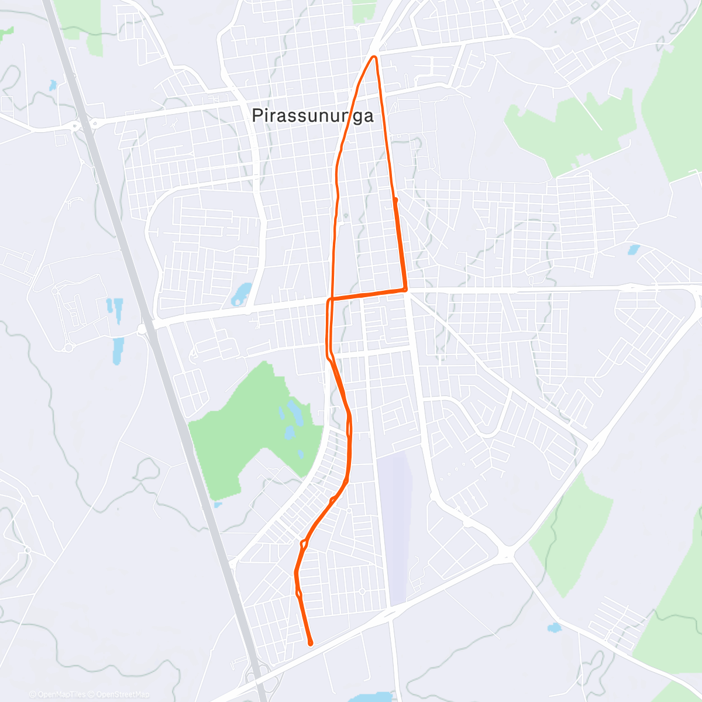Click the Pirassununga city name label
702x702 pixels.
(x=312, y=116)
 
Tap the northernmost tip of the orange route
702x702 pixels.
(x=374, y=57)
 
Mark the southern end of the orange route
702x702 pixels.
(x=311, y=643)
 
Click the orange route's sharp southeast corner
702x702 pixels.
(x=405, y=290)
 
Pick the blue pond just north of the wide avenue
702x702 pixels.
(x=241, y=294)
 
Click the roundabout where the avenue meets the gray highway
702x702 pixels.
(x=142, y=329)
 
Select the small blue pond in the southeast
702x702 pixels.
(x=553, y=628)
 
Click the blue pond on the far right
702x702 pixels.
(x=632, y=250)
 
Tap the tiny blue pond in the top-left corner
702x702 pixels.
(x=53, y=86)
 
